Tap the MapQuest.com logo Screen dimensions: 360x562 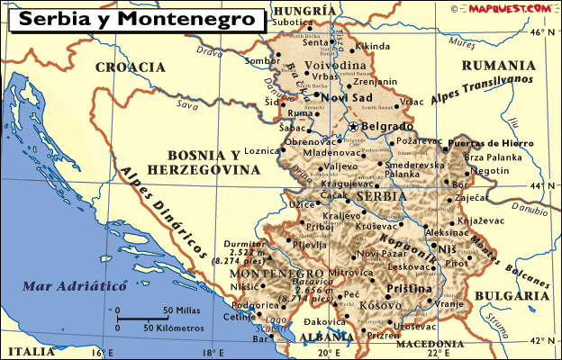[x=508, y=8]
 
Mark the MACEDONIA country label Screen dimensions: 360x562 [x=428, y=344]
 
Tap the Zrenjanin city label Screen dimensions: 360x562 [x=376, y=81]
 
